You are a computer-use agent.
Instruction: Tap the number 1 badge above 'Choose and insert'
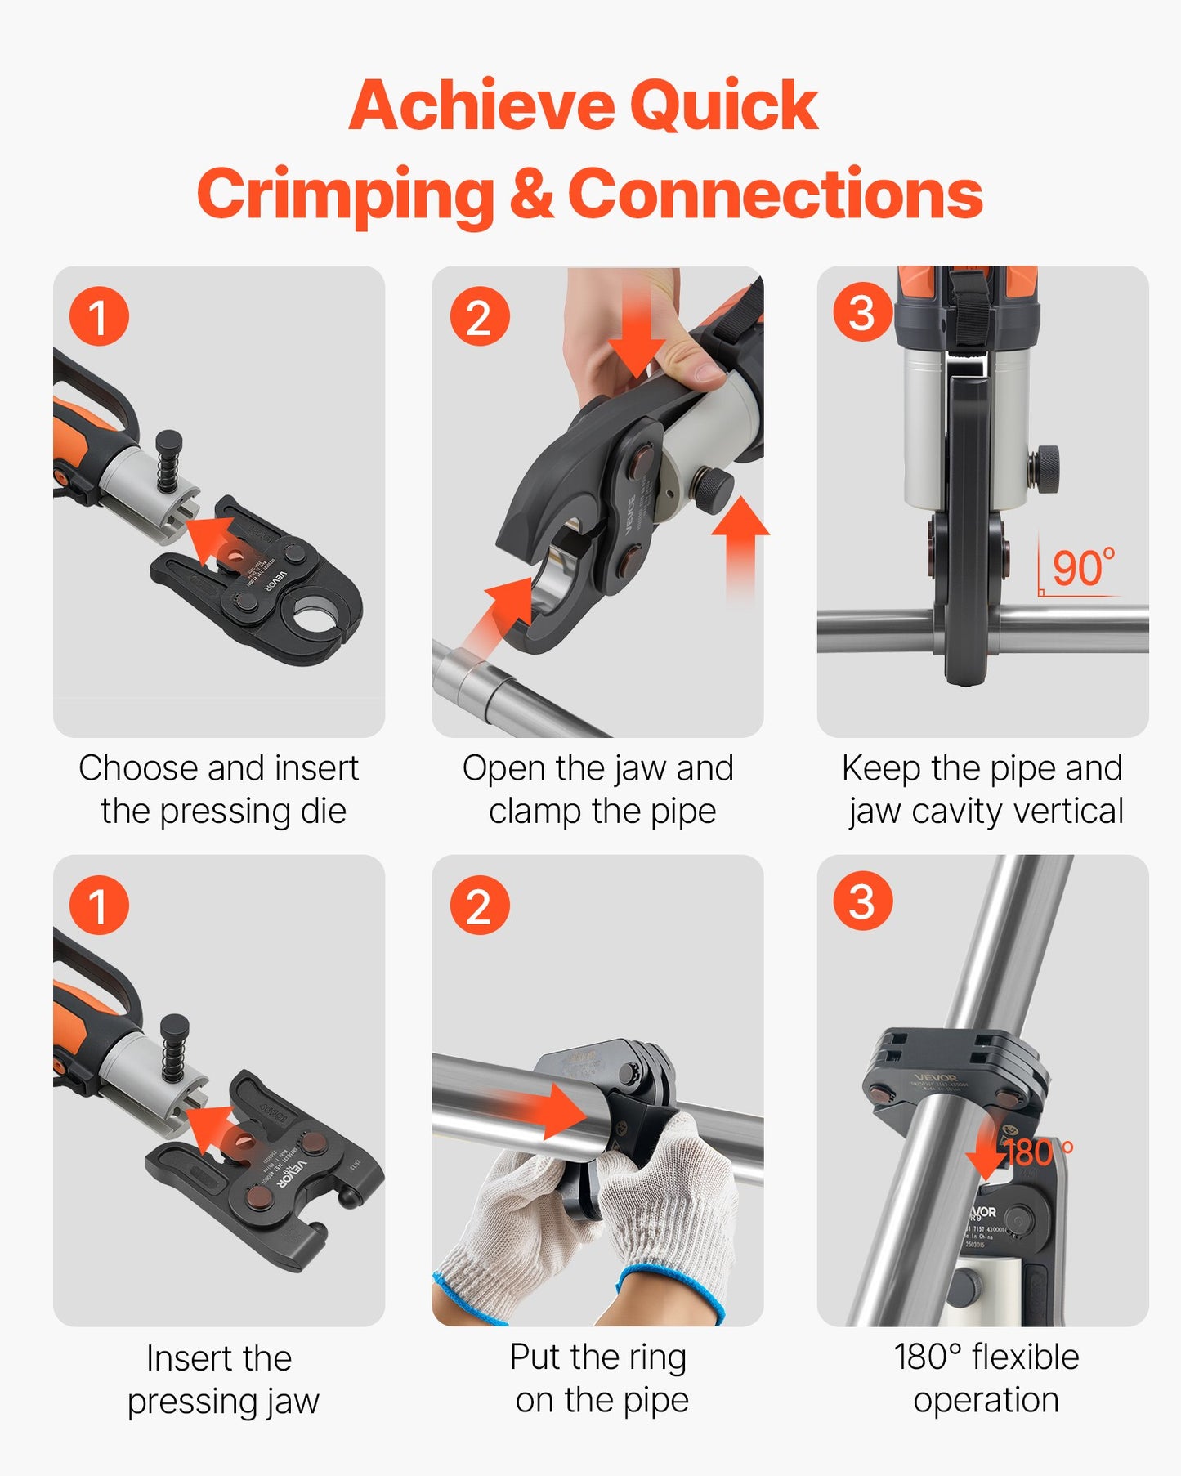(99, 316)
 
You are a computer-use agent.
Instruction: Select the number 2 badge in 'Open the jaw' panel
(480, 316)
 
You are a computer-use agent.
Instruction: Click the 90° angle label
(1082, 568)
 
